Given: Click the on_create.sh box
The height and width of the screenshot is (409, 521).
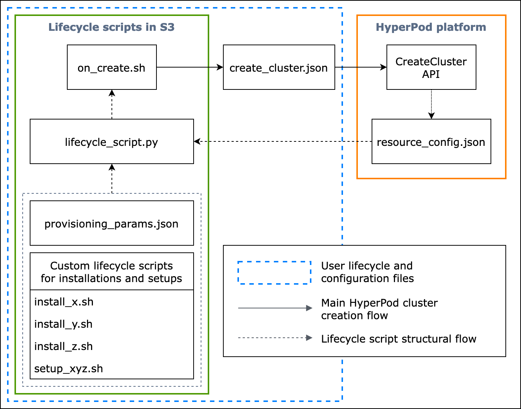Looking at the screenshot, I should click(x=111, y=68).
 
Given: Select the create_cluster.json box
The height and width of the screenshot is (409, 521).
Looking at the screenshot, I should click(x=279, y=68).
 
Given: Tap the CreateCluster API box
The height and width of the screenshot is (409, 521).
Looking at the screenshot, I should click(x=431, y=68).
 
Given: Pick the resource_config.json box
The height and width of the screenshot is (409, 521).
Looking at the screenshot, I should click(x=431, y=142).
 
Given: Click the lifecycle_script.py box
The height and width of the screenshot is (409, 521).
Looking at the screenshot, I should click(x=111, y=142).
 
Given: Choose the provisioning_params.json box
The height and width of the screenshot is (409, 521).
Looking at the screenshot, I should click(x=111, y=223).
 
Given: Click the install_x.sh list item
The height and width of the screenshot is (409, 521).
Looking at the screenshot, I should click(x=64, y=302).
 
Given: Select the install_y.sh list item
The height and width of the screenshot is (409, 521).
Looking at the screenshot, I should click(x=63, y=324).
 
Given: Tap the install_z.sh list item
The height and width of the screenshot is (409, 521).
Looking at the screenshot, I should click(x=63, y=346).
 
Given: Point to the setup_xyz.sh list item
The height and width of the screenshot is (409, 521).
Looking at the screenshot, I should click(x=68, y=369).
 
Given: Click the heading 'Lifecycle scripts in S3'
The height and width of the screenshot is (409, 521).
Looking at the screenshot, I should click(x=111, y=27).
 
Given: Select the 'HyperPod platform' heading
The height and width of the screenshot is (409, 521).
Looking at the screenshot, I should click(x=431, y=27).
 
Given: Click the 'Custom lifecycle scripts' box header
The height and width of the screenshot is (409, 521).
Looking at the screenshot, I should click(x=111, y=272).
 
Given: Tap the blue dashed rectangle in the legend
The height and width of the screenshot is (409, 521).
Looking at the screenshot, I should click(x=274, y=273).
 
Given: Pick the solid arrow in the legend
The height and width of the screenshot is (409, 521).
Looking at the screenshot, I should click(x=275, y=308).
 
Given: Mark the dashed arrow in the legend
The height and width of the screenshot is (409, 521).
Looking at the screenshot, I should click(x=275, y=338).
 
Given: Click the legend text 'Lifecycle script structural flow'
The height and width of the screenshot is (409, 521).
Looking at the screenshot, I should click(x=398, y=339).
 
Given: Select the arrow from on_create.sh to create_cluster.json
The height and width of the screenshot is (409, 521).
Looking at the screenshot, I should click(x=190, y=67).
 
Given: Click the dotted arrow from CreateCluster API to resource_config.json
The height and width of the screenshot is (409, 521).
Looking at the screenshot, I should click(x=431, y=104).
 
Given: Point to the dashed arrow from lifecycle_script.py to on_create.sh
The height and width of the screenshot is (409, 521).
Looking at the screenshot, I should click(x=112, y=104).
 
